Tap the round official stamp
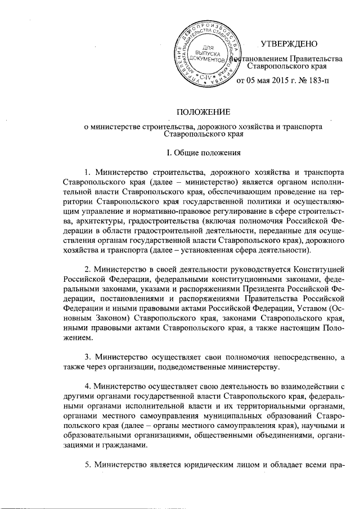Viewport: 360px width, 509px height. click(209, 56)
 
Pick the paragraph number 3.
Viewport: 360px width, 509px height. click(87, 357)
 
